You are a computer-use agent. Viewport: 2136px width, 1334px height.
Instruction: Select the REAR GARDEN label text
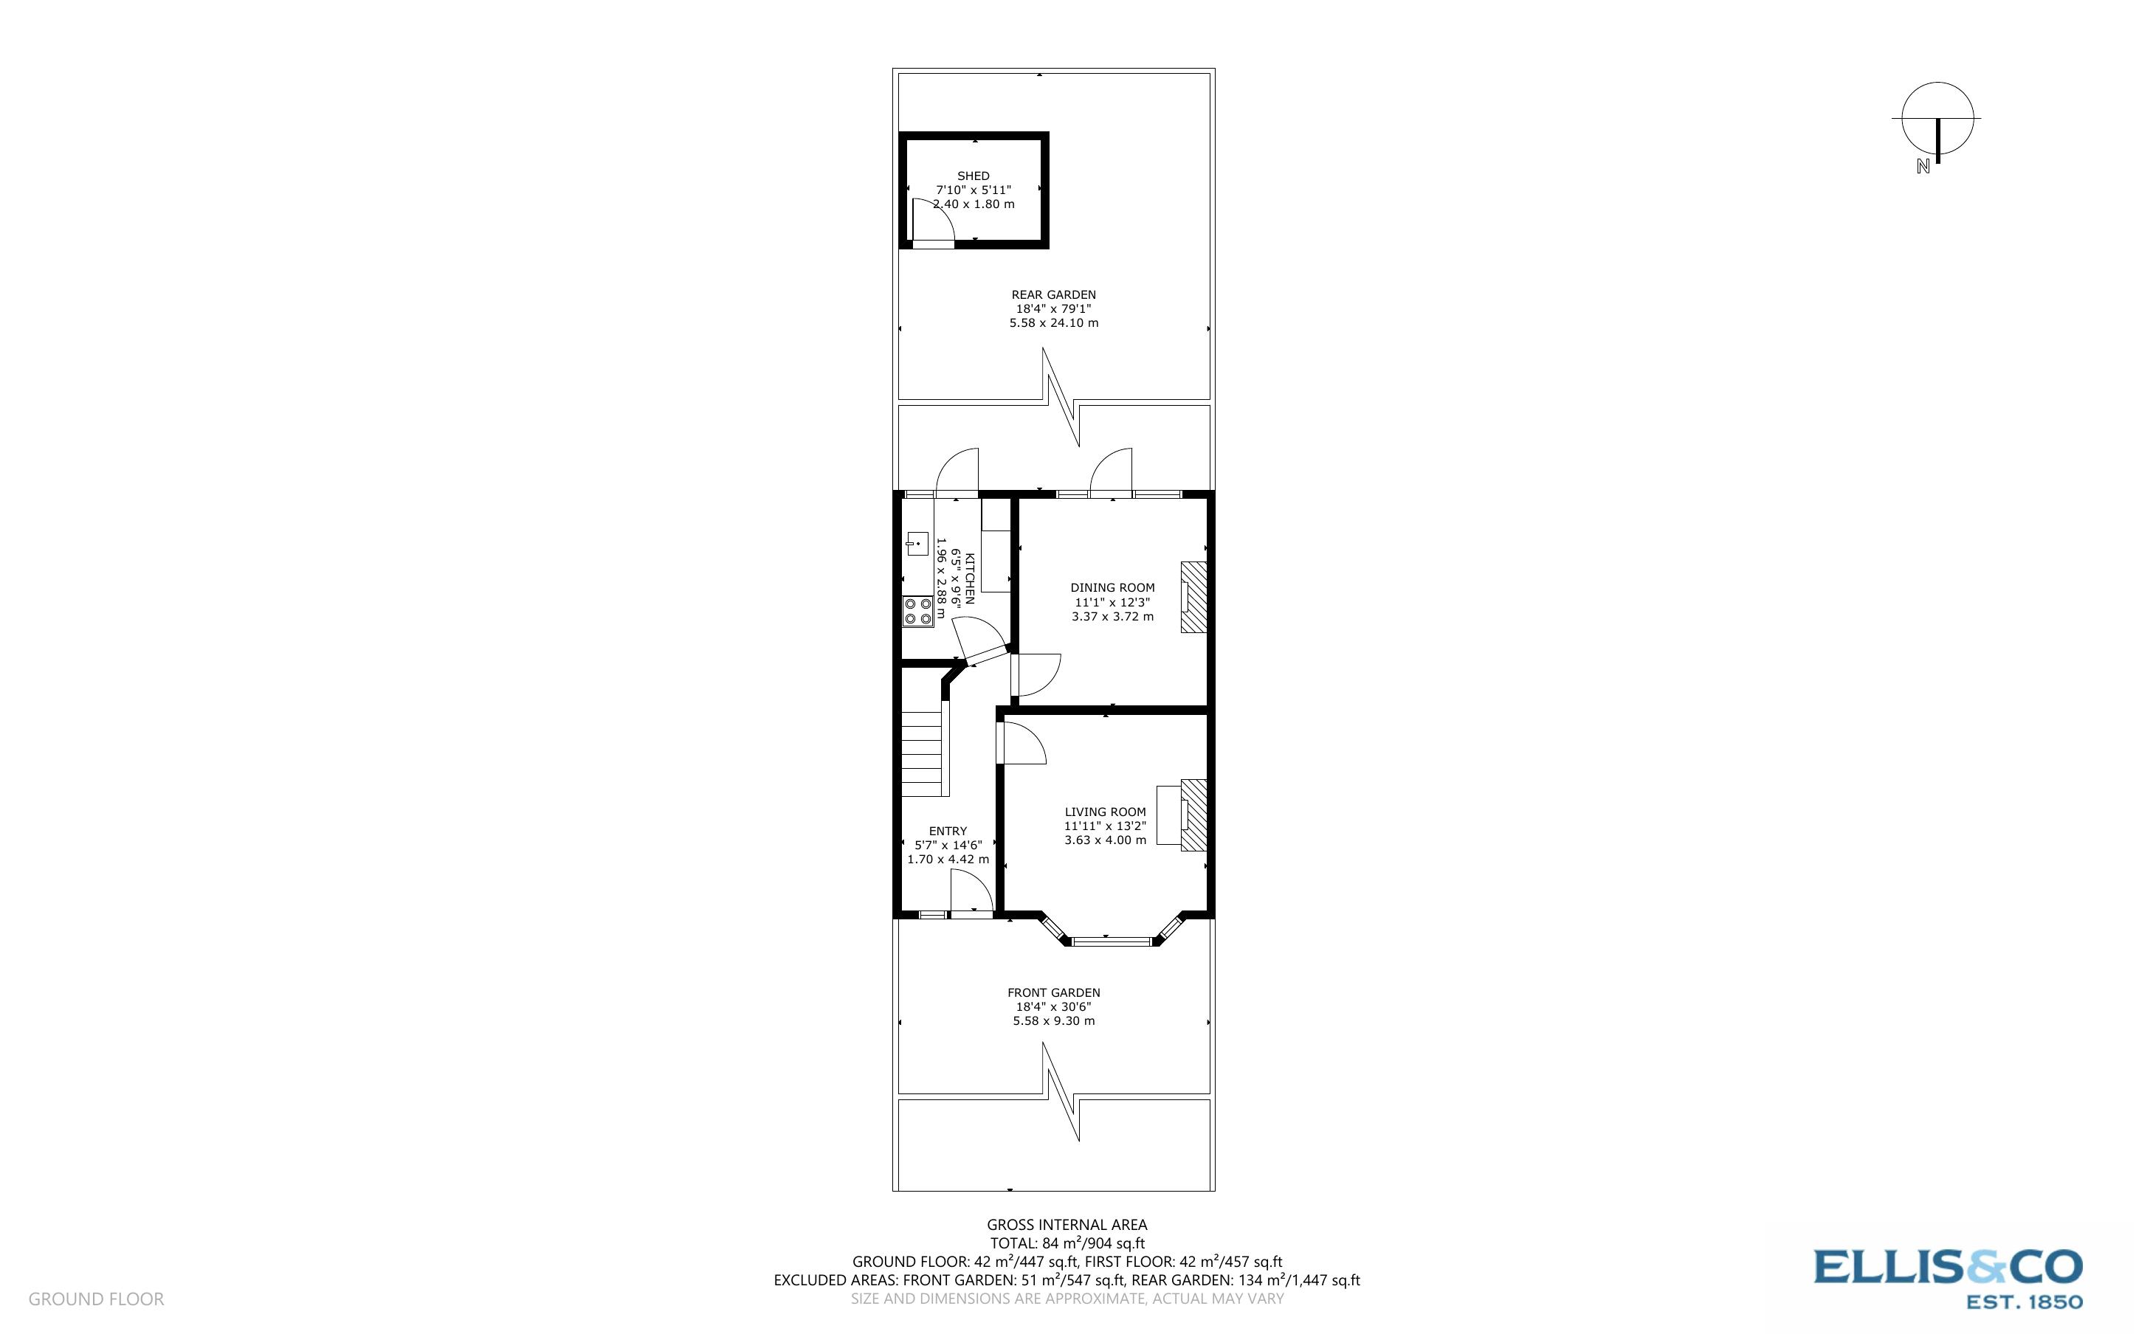pyautogui.click(x=1053, y=294)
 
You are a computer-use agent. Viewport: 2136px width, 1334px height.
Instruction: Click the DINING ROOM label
pyautogui.click(x=1112, y=587)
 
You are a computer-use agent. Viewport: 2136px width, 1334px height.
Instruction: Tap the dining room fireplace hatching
pyautogui.click(x=1193, y=598)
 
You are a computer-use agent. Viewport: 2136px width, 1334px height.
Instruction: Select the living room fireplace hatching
pyautogui.click(x=1193, y=815)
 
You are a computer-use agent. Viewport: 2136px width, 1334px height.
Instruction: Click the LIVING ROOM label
pyautogui.click(x=1105, y=812)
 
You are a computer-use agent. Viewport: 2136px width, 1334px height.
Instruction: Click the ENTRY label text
pyautogui.click(x=948, y=831)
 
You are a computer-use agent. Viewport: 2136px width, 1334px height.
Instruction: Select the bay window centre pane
pyautogui.click(x=1111, y=941)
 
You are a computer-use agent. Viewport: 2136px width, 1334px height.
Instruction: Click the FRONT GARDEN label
pyautogui.click(x=1053, y=992)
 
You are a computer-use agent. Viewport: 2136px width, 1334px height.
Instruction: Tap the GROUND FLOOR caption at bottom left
pyautogui.click(x=96, y=1299)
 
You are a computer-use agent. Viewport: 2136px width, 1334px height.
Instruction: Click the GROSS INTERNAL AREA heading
pyautogui.click(x=1067, y=1225)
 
